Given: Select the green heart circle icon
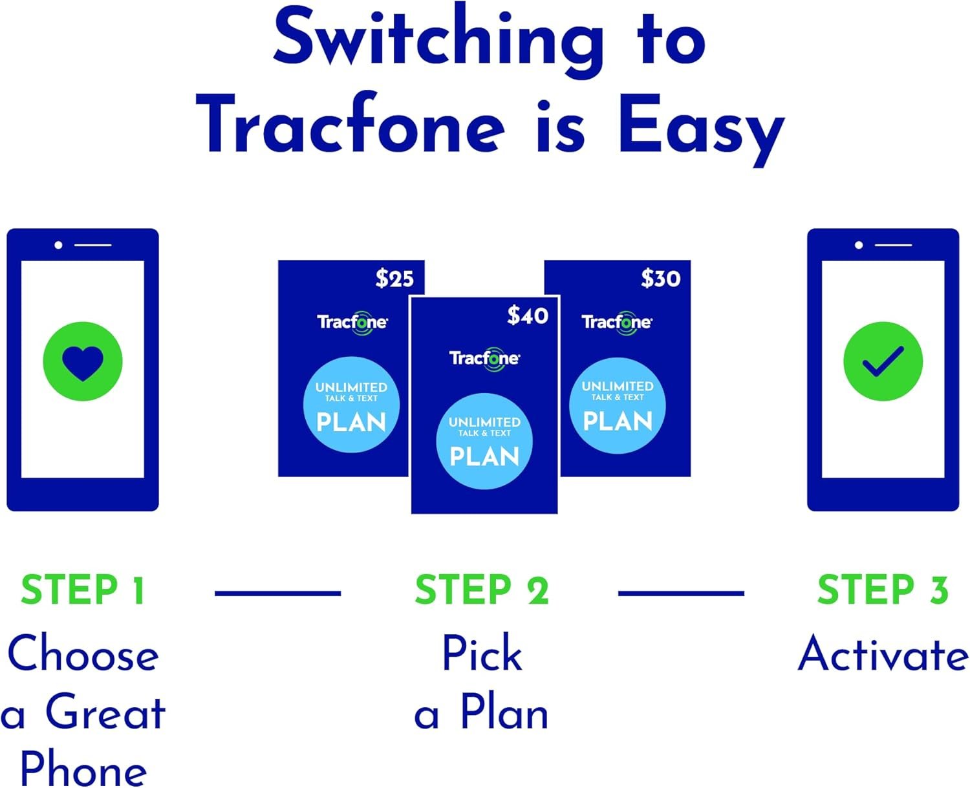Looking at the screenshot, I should pyautogui.click(x=83, y=361).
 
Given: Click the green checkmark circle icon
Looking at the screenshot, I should pyautogui.click(x=883, y=361).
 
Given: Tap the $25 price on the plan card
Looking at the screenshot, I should pyautogui.click(x=394, y=279).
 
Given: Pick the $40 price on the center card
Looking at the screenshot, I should pyautogui.click(x=528, y=315).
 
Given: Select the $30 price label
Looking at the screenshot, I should pyautogui.click(x=660, y=279).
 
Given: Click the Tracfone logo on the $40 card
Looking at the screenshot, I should pyautogui.click(x=484, y=359).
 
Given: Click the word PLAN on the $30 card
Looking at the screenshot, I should pyautogui.click(x=618, y=422).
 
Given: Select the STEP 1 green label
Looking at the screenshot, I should pyautogui.click(x=83, y=590).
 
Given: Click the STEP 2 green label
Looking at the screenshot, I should pyautogui.click(x=482, y=590).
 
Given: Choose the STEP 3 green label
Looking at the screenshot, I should pyautogui.click(x=883, y=590).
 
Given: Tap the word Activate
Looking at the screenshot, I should pyautogui.click(x=883, y=654).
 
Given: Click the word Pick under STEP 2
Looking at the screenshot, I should pyautogui.click(x=482, y=654).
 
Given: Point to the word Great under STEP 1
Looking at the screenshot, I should pyautogui.click(x=105, y=713).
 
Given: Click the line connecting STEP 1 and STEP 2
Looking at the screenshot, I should pyautogui.click(x=277, y=593).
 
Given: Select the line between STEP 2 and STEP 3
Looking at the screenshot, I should pyautogui.click(x=681, y=593).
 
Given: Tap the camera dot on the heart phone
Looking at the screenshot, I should pyautogui.click(x=59, y=245).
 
